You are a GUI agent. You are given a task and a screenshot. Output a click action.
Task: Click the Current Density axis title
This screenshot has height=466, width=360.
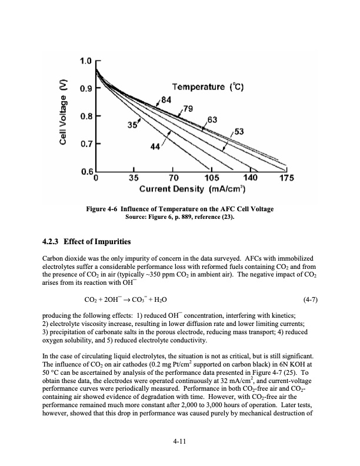192,190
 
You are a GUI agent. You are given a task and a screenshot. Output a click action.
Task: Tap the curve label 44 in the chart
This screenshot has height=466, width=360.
155,147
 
